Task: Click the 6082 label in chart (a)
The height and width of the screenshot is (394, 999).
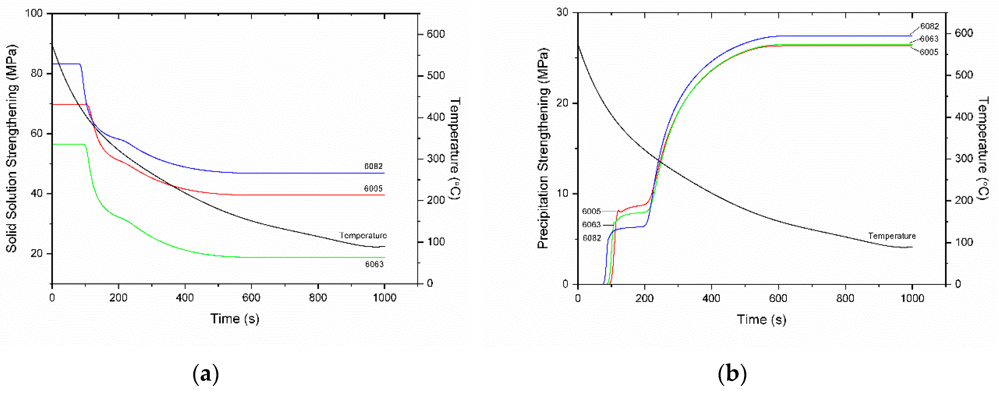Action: pyautogui.click(x=373, y=166)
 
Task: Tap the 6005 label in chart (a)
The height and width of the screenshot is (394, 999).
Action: pyautogui.click(x=373, y=189)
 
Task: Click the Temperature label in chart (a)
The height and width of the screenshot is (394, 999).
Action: pyautogui.click(x=363, y=235)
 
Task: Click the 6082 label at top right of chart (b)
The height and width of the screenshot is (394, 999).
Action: pyautogui.click(x=929, y=26)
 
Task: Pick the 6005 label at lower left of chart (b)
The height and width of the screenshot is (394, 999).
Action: pyautogui.click(x=591, y=211)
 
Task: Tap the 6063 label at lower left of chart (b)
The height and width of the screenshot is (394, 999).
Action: pyautogui.click(x=591, y=225)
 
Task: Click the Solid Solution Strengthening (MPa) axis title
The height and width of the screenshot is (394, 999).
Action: pyautogui.click(x=12, y=149)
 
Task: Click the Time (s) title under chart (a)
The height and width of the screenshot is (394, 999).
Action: pyautogui.click(x=235, y=319)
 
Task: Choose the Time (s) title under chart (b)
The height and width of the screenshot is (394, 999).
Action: pyautogui.click(x=761, y=319)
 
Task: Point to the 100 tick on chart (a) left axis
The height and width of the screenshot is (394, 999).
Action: pyautogui.click(x=34, y=13)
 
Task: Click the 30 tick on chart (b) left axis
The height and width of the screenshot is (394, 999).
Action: pyautogui.click(x=562, y=12)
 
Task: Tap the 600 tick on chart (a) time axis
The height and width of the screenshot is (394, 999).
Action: pyautogui.click(x=251, y=298)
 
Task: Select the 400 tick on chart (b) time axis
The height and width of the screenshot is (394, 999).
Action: pyautogui.click(x=711, y=298)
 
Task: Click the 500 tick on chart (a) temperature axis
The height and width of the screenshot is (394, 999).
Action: pyautogui.click(x=436, y=76)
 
